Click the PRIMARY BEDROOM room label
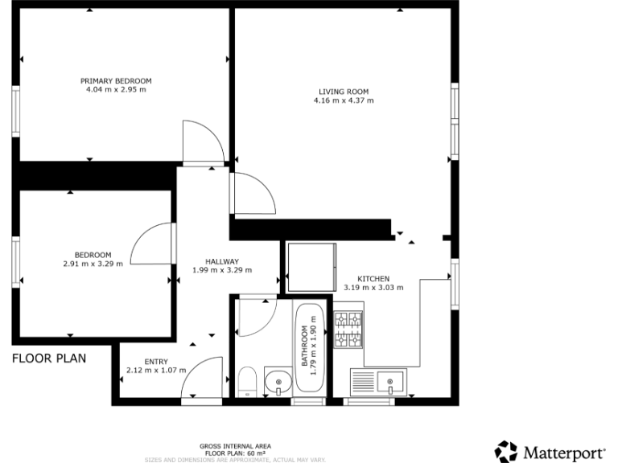[x=116, y=81]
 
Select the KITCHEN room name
[x=373, y=278]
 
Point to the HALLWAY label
[x=221, y=261]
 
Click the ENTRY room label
[x=155, y=362]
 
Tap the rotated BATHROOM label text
[x=305, y=346]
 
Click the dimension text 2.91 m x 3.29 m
[x=93, y=264]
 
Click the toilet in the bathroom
[x=247, y=381]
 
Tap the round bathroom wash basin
[x=278, y=379]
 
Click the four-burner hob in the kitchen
[x=348, y=330]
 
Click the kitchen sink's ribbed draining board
[x=363, y=380]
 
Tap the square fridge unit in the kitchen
[x=311, y=266]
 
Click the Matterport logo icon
[x=506, y=451]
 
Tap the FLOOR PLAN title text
[x=49, y=359]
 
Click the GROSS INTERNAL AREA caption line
[x=235, y=445]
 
